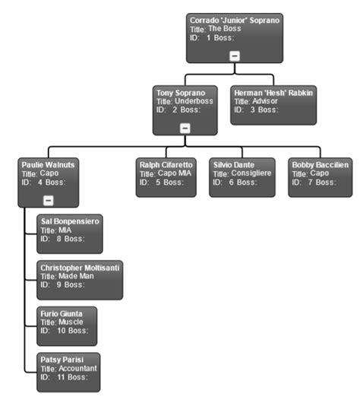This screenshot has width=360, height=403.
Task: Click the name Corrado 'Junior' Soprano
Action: coord(235,20)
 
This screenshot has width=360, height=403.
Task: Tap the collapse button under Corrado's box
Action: coord(235,56)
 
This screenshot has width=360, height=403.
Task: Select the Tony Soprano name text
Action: coord(180,92)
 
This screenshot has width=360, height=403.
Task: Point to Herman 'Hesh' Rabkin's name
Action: coord(274,92)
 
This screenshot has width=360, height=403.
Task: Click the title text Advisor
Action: coord(261,101)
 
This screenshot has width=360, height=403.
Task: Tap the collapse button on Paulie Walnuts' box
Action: coord(49,200)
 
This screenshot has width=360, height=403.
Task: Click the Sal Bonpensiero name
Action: coord(70,220)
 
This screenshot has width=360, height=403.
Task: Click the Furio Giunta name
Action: coord(63,313)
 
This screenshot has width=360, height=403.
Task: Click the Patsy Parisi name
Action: coord(62,359)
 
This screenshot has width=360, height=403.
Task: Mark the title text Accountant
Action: coord(71,368)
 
